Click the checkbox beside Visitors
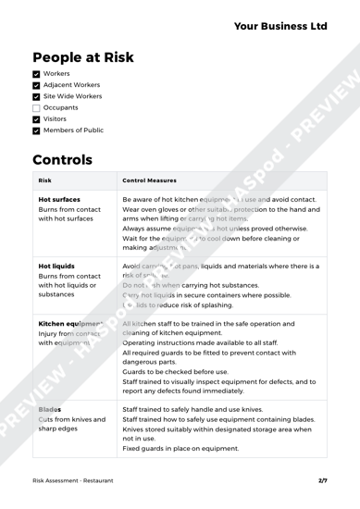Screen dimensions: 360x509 (37, 149)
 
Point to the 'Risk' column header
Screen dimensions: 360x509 (45, 247)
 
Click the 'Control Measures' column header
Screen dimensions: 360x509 (155, 247)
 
